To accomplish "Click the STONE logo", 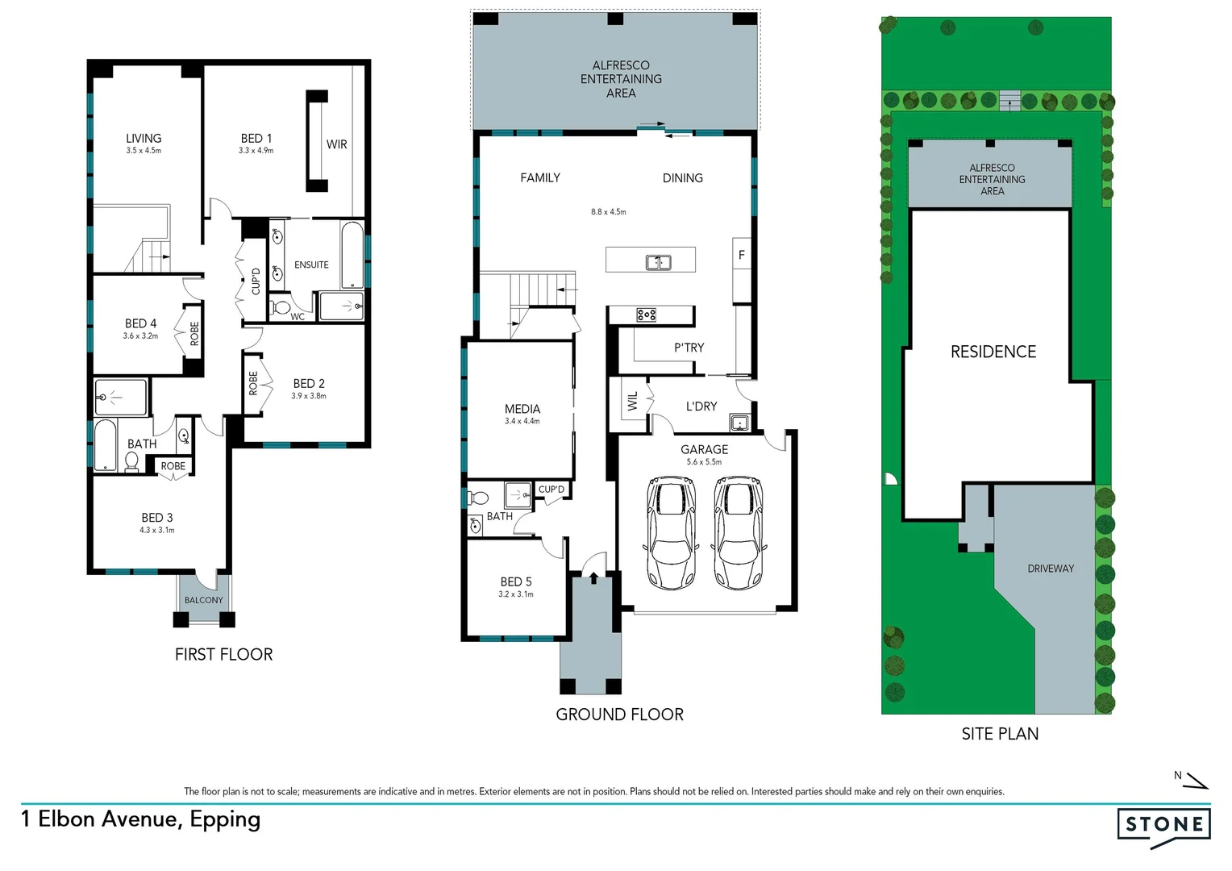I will (1163, 825).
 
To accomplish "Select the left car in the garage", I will (671, 532).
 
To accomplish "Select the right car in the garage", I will (739, 532).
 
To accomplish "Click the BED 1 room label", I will (256, 139).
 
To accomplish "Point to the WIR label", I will (337, 144).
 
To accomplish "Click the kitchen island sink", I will (659, 262).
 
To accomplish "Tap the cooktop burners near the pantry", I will (646, 315).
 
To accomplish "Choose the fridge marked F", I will (741, 255).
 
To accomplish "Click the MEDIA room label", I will (522, 409).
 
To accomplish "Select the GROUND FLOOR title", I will (619, 715).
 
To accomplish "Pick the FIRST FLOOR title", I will (223, 655).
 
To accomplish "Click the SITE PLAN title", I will (1000, 734).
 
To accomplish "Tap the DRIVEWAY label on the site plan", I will (1051, 569).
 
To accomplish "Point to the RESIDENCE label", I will (993, 352).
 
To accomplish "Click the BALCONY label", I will (203, 600).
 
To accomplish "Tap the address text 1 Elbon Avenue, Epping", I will (141, 819).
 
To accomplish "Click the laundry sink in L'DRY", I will (739, 423).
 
